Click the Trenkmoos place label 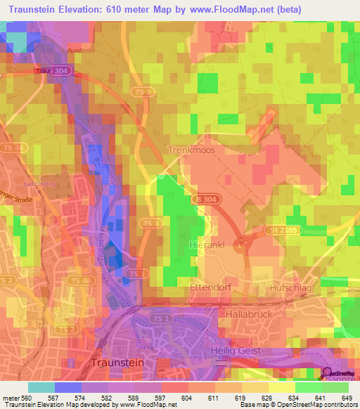click(192, 150)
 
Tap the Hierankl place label click(206, 245)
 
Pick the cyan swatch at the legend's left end click(41, 387)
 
